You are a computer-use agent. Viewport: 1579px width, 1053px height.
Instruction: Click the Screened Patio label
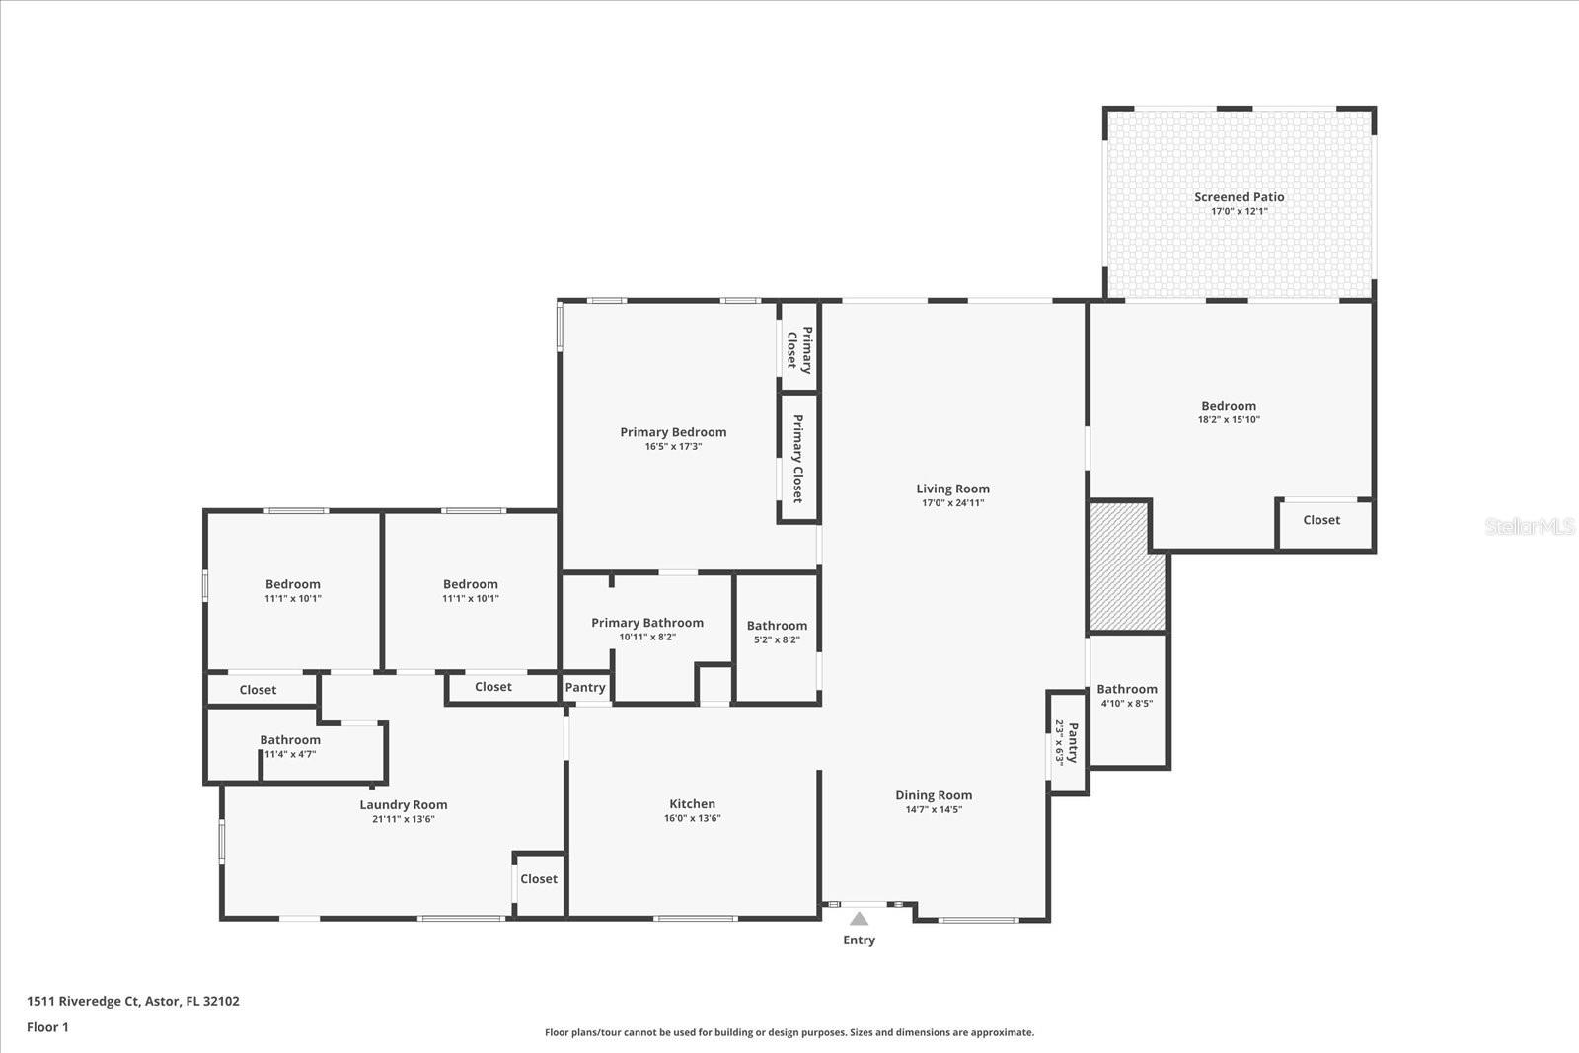tap(1239, 197)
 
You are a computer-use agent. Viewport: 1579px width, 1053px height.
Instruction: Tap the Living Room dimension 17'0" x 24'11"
tap(952, 503)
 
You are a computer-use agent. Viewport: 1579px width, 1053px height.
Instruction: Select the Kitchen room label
tap(692, 804)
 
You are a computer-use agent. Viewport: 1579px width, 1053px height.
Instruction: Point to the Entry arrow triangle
tap(859, 919)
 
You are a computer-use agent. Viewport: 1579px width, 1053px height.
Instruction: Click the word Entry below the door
tap(859, 940)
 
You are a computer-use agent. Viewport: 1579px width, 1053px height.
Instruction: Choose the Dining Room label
tap(934, 795)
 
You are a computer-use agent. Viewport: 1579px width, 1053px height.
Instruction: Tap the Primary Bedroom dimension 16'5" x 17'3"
tap(673, 447)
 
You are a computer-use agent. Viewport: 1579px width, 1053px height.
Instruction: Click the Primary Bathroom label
tap(647, 623)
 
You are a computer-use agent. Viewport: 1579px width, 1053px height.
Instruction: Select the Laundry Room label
tap(403, 805)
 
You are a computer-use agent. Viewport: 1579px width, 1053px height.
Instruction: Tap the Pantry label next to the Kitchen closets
tap(585, 688)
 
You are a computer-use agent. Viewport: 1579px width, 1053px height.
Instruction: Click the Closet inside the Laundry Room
tap(539, 879)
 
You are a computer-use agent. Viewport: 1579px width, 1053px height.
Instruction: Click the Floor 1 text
tap(47, 1027)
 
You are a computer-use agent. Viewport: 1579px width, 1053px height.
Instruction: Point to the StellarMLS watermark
tap(1529, 527)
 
